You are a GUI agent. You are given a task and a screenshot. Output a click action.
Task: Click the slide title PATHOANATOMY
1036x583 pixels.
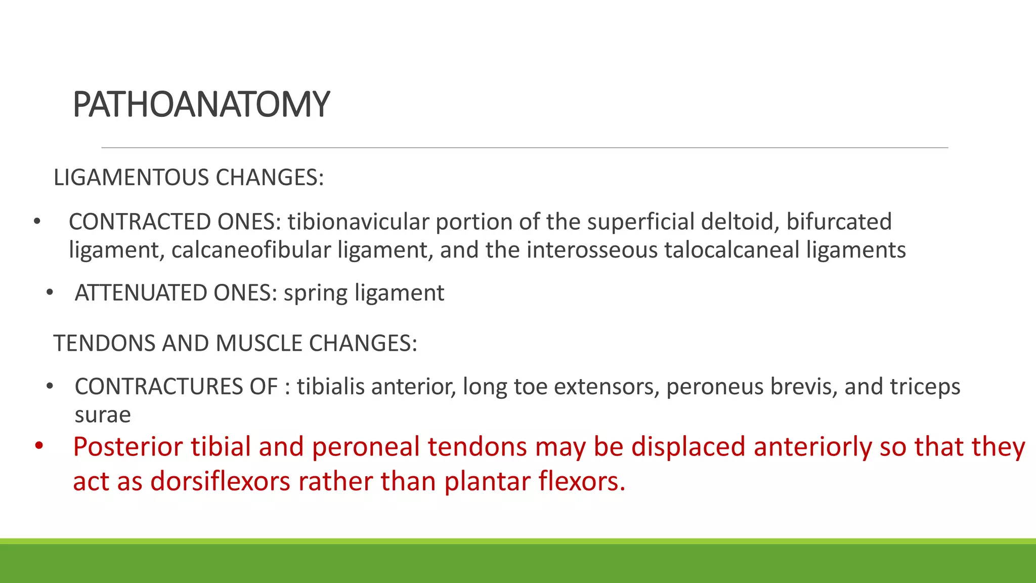(201, 104)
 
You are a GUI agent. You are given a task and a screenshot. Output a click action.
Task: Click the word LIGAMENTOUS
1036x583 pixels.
(131, 178)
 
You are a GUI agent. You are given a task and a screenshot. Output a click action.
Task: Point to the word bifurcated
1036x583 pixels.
(839, 222)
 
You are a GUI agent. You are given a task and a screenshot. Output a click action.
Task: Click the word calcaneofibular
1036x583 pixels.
(251, 251)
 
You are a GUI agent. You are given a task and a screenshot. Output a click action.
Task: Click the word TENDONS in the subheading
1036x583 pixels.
(104, 344)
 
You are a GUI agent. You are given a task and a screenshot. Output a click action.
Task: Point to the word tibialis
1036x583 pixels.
(331, 387)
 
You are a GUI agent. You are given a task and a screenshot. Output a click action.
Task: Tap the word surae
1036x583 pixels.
(103, 415)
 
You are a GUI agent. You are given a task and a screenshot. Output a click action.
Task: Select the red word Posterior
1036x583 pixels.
(128, 447)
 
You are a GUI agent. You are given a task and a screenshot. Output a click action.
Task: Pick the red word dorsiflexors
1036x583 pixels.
(221, 481)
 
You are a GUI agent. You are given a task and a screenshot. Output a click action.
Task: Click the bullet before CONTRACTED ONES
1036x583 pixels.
(36, 222)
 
